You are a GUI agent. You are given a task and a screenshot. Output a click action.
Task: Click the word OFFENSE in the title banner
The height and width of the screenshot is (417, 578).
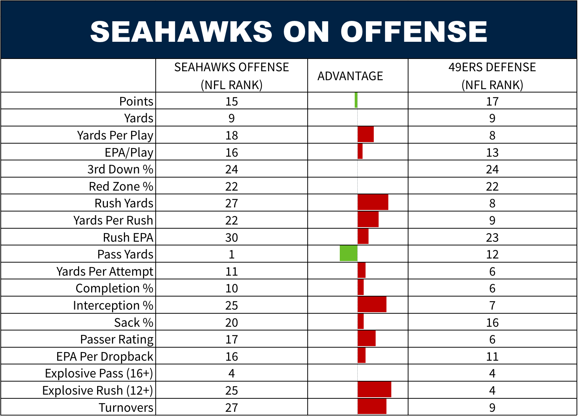tap(414, 31)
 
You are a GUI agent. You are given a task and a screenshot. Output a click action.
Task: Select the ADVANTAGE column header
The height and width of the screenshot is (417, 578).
tap(350, 76)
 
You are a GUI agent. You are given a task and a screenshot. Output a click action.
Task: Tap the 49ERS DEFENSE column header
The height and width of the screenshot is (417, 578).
tap(492, 76)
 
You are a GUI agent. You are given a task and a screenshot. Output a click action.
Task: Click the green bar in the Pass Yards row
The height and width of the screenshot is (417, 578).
tap(349, 253)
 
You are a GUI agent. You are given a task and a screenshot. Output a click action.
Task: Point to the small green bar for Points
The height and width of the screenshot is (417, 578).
tap(356, 100)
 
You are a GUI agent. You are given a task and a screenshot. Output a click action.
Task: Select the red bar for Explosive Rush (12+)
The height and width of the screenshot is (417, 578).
tap(375, 389)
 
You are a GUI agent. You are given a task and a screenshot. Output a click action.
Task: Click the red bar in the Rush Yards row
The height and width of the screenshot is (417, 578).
tap(373, 202)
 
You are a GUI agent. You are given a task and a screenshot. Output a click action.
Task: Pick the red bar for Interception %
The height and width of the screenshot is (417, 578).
tap(372, 304)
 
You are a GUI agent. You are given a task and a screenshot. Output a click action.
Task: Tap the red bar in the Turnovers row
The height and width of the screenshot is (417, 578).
tap(372, 407)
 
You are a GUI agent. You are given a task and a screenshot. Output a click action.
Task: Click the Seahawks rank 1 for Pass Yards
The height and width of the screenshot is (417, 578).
tap(231, 254)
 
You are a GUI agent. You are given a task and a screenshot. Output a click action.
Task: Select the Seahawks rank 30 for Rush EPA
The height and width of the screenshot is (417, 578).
tap(231, 237)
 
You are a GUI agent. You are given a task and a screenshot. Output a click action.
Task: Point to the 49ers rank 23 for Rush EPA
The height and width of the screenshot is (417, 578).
tap(492, 237)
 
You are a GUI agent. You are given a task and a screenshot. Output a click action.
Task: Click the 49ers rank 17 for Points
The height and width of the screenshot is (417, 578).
tap(492, 101)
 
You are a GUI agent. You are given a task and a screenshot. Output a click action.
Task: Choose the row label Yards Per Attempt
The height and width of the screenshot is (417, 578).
tap(105, 272)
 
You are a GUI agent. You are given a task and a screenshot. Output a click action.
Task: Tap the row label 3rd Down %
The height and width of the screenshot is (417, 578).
tap(120, 169)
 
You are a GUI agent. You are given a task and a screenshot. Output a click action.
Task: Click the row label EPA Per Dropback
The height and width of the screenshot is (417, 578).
tap(105, 357)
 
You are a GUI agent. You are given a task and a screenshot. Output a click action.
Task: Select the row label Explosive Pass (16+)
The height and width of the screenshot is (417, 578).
tap(99, 373)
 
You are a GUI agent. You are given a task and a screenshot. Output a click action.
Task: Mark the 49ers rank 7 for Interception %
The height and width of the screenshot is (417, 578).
tap(492, 305)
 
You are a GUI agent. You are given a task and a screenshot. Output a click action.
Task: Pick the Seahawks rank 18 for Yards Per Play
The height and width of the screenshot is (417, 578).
tap(231, 135)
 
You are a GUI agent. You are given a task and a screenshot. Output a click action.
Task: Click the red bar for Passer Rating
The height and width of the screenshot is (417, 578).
tap(367, 338)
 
